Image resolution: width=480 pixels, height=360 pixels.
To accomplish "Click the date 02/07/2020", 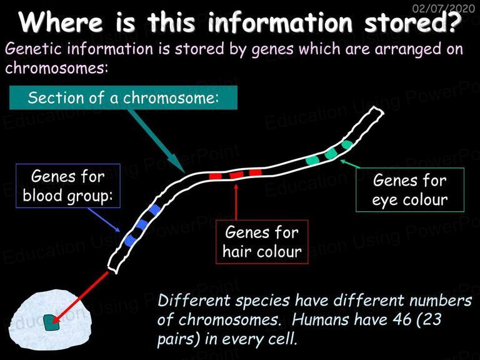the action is (x=444, y=8).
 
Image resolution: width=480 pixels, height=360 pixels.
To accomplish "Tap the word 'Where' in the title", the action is (x=61, y=22).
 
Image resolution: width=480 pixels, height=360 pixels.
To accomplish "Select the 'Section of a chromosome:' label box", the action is (x=123, y=97).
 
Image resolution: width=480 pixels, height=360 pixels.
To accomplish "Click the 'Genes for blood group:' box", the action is (x=68, y=186).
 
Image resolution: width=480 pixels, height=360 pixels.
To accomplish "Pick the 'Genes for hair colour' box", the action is (x=262, y=242).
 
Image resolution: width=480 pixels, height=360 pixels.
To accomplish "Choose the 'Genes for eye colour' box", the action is (x=410, y=190).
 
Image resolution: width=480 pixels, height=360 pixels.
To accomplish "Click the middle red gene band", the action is (x=237, y=175).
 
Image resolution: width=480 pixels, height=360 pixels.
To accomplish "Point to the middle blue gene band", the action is (x=142, y=225).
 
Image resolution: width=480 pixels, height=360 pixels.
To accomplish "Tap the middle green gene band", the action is (x=331, y=153).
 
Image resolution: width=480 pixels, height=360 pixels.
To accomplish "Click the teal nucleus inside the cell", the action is (x=51, y=322).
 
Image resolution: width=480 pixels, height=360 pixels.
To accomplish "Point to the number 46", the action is (x=402, y=319).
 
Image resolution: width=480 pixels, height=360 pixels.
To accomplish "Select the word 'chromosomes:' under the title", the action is (x=57, y=68).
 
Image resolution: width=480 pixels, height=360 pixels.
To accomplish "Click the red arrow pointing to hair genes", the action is (x=236, y=201).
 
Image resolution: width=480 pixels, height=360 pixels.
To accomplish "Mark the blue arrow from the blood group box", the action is (x=104, y=220).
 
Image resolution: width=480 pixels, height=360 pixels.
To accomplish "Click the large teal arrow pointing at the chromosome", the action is (x=156, y=141).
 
